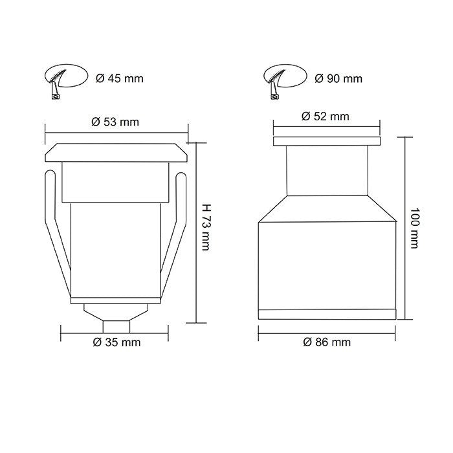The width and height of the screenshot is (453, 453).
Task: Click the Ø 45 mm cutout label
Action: pos(119,79)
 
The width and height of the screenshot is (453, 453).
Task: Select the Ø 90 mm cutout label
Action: pos(338,79)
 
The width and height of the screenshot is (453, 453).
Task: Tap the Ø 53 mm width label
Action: pos(116,122)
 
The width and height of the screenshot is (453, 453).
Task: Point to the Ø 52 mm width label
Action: pos(326,116)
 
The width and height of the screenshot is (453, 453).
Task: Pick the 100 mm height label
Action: pos(415,227)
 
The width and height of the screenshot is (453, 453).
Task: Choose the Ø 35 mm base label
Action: pos(116,342)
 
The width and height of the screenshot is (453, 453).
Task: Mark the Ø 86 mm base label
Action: pos(327,342)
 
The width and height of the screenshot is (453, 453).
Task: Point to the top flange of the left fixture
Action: pos(116,153)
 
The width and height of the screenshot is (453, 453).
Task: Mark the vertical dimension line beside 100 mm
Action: pos(405,227)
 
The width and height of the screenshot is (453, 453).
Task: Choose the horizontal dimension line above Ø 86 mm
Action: pos(327,330)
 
